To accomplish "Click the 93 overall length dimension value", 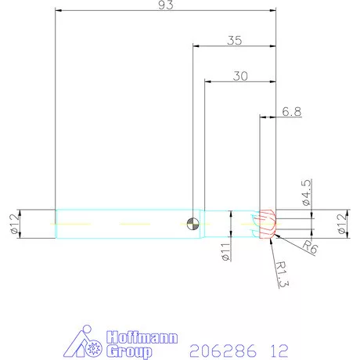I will pos(166,5).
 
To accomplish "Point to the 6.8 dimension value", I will pos(291,113).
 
